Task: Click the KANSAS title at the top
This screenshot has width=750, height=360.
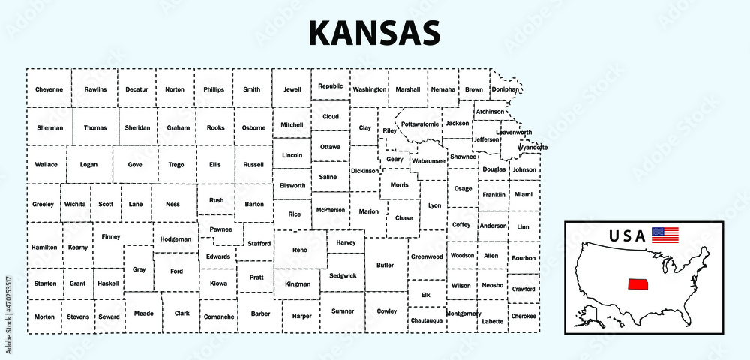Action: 374,33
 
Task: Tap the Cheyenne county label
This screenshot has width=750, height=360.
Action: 49,89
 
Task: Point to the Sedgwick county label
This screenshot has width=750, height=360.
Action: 342,275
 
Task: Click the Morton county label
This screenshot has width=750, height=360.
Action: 44,316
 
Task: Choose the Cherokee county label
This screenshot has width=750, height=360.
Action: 523,316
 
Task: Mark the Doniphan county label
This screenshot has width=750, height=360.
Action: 505,89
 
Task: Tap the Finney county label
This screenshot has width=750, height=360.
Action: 111,236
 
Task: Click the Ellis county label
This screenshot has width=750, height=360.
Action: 215,164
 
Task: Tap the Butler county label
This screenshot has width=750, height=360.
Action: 385,265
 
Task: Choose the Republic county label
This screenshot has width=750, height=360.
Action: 331,86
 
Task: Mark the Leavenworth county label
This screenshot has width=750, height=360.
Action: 514,133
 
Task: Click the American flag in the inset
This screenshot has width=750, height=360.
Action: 664,235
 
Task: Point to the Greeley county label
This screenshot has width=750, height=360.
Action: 43,205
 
